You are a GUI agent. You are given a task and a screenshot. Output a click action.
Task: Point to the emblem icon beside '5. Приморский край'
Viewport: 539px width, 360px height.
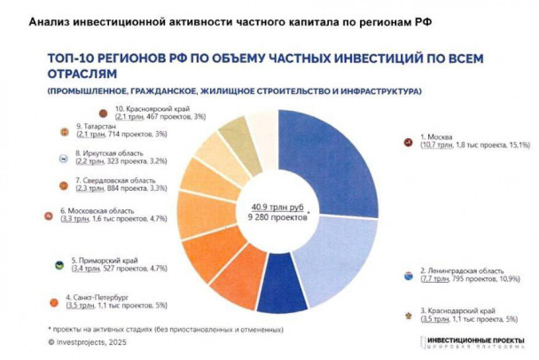59,262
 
